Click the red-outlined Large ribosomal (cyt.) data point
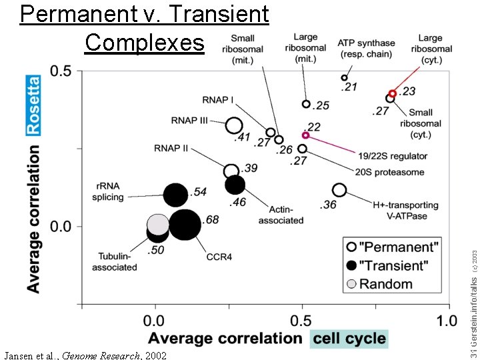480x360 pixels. coord(393,94)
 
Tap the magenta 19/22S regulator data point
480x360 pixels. coord(305,135)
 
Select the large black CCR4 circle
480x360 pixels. coord(185,224)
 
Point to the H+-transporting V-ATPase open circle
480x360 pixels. coord(339,190)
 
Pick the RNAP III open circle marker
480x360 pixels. coord(233,125)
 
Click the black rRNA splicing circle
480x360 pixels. coord(175,195)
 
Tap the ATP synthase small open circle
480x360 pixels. coord(345,78)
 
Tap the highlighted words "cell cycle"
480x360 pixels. coord(349,338)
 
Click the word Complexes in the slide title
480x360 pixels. coord(145,42)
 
